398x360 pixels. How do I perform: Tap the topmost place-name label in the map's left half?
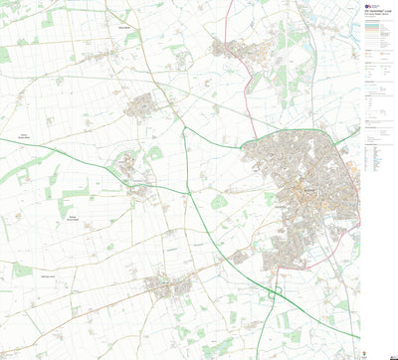coord(125,29)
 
